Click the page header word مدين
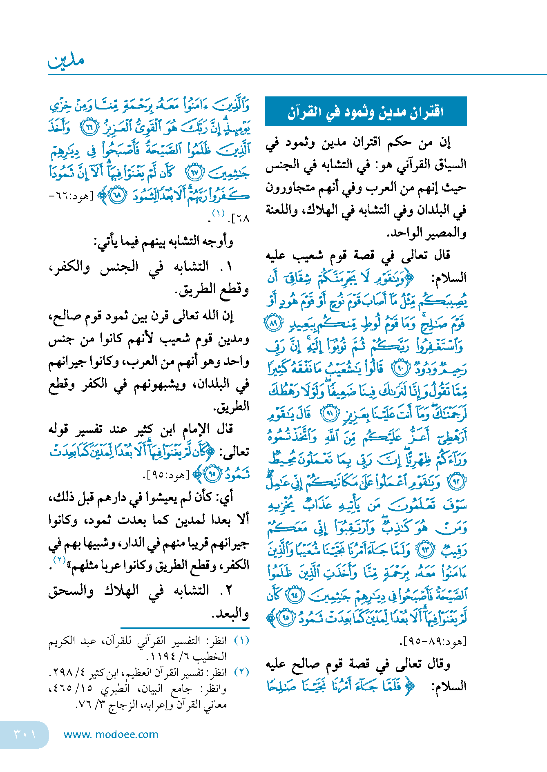click(66, 60)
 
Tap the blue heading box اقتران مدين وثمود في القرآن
click(366, 111)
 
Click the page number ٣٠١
click(25, 734)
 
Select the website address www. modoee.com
click(111, 734)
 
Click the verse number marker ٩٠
click(400, 369)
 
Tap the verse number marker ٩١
click(329, 414)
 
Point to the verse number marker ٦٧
click(194, 173)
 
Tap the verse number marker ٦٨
click(118, 196)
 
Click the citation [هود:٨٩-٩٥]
click(433, 641)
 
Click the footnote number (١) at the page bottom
click(241, 640)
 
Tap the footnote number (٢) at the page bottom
click(241, 672)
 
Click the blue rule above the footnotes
click(185, 628)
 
